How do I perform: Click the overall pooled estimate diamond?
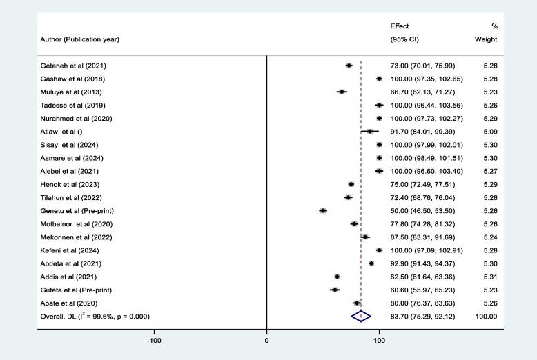click(x=361, y=316)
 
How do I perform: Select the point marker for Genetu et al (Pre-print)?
click(x=323, y=210)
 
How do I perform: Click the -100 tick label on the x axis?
click(x=154, y=341)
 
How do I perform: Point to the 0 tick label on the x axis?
click(x=267, y=341)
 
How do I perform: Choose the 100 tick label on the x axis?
click(x=379, y=341)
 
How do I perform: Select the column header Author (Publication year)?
click(x=79, y=39)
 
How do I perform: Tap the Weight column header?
click(x=486, y=39)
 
